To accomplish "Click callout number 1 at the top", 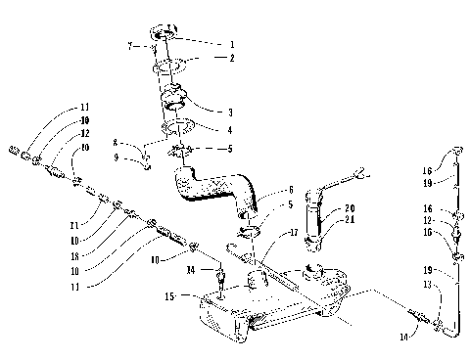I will [x=233, y=44].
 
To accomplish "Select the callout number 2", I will [x=233, y=59].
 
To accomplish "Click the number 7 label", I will [x=129, y=47].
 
